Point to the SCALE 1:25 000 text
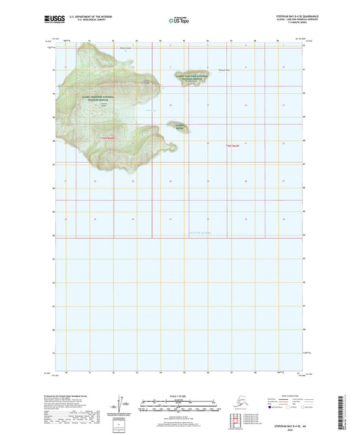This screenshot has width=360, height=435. pos(180,394)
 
